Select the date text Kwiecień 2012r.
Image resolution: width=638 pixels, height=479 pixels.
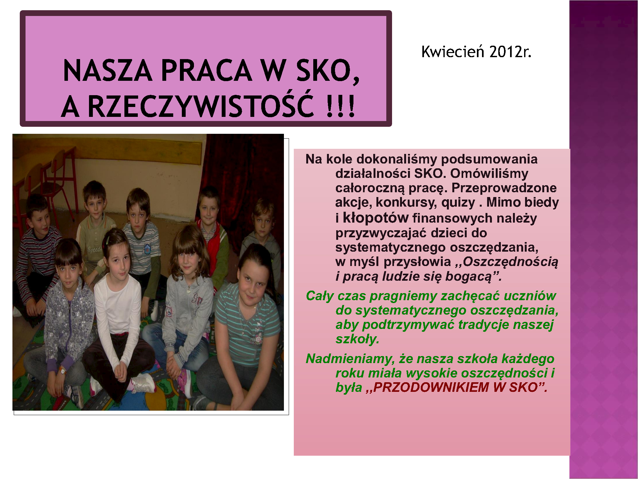476,52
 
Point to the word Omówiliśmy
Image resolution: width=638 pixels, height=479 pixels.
489,173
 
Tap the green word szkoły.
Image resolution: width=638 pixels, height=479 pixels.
357,339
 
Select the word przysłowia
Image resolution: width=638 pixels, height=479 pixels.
417,262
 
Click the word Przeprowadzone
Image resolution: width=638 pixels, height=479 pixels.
504,188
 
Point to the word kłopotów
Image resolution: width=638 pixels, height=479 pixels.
375,218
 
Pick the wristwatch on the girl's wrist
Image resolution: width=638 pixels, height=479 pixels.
62,370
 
